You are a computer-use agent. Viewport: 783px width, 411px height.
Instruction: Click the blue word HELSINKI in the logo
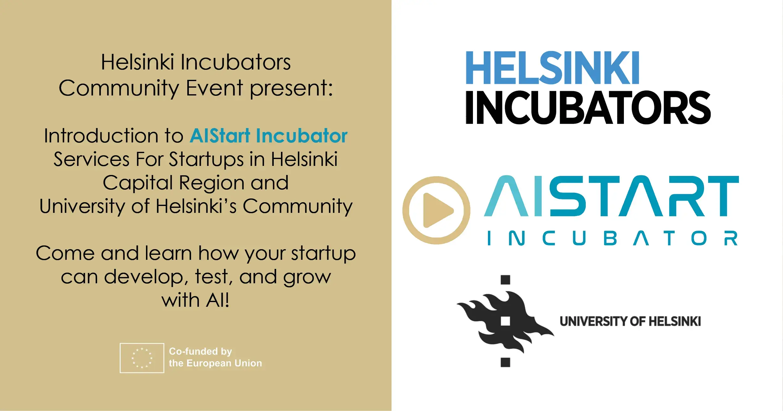[x=552, y=68]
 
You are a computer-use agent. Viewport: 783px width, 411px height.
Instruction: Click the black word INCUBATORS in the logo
[x=588, y=107]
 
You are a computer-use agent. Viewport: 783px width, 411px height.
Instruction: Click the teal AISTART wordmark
[x=611, y=196]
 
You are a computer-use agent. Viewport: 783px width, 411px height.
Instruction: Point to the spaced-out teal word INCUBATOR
[x=613, y=238]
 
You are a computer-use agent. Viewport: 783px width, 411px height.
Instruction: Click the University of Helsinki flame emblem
[x=505, y=321]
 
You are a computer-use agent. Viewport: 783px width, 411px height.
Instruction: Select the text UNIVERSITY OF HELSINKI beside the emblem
[x=630, y=321]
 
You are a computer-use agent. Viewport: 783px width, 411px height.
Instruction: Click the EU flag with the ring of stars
[x=142, y=358]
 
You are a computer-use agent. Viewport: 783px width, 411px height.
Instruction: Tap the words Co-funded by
[x=200, y=352]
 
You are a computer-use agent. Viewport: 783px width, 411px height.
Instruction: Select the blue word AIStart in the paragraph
[x=220, y=136]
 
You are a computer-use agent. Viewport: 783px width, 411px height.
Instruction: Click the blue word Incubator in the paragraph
[x=302, y=136]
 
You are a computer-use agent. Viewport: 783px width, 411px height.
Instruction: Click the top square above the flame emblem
[x=505, y=280]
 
